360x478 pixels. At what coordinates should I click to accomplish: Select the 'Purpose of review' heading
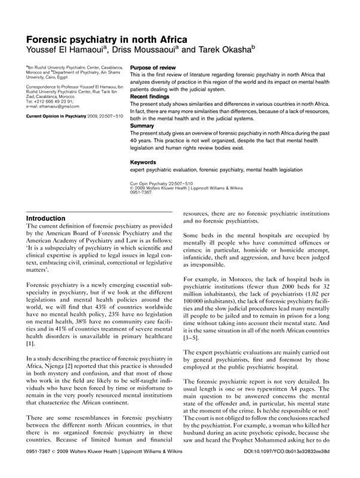tap(153, 69)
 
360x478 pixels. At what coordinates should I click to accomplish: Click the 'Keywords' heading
tap(144, 162)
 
